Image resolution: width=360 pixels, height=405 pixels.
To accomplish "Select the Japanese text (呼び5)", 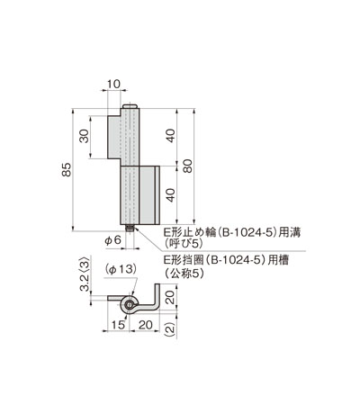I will (182, 244).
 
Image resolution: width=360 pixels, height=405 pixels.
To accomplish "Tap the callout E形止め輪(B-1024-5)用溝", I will (236, 231).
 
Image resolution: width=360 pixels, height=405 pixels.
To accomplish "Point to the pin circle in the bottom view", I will (131, 305).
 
